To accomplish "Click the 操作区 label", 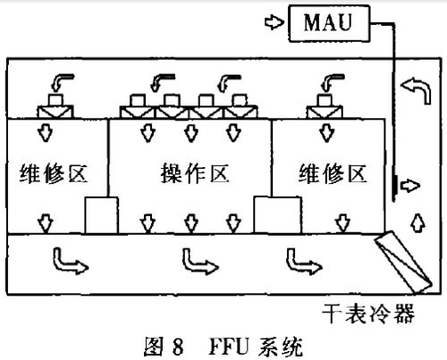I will (x=189, y=173).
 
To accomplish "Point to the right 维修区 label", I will (x=332, y=173).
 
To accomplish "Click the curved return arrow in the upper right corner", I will (x=418, y=88).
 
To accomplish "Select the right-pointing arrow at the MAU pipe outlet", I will (x=409, y=186).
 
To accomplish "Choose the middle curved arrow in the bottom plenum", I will (x=197, y=260).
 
